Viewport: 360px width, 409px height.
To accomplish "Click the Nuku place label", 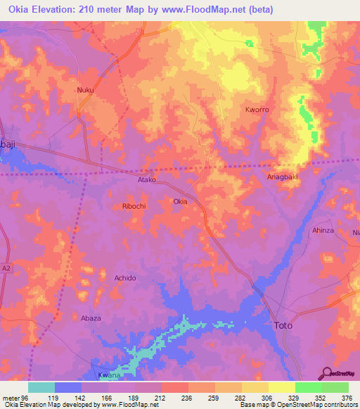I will click(85, 90).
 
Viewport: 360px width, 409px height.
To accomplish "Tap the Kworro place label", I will click(257, 110).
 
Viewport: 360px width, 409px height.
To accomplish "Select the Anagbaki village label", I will click(283, 177).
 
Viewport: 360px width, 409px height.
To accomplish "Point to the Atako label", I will click(146, 179).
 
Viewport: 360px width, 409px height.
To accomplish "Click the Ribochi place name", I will click(134, 207).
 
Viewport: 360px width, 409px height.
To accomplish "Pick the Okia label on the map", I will click(180, 202).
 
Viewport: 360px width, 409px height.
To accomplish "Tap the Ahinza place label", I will click(323, 230).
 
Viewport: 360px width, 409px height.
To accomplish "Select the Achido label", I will click(124, 278).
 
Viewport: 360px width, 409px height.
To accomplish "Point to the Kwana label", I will click(106, 376).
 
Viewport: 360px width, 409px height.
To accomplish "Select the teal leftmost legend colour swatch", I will click(41, 387).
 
